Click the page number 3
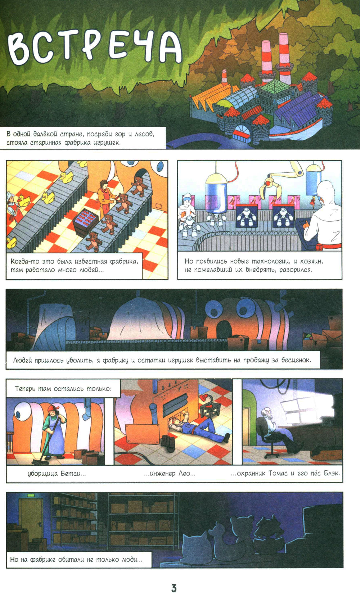[174, 588]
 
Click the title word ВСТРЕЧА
[94, 48]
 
